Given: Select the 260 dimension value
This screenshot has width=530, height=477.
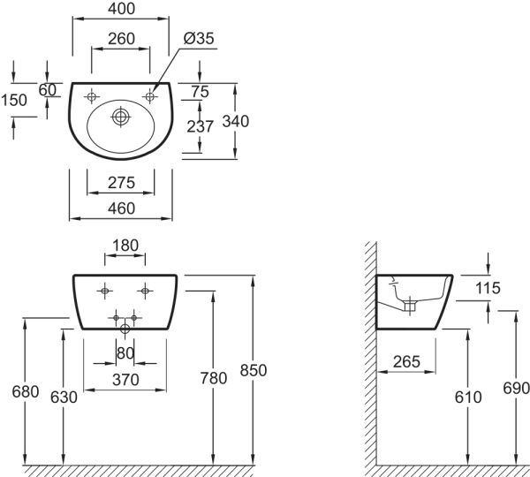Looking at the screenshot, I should click(x=120, y=39).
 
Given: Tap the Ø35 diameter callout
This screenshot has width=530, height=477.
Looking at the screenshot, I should click(x=199, y=39).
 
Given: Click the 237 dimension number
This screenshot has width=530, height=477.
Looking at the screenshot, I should click(x=201, y=126).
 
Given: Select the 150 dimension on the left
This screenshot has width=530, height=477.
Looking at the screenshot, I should click(x=14, y=100).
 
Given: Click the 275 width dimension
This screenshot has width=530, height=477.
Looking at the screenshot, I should click(x=120, y=183).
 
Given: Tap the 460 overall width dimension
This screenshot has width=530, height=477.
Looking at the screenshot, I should click(x=120, y=208).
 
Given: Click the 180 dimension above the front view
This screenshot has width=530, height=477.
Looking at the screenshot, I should click(x=125, y=245).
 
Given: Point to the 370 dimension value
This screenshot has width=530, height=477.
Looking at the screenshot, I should click(x=125, y=380).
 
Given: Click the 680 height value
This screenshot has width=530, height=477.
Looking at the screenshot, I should click(x=25, y=390).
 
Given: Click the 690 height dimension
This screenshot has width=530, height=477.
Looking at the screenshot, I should click(x=516, y=389).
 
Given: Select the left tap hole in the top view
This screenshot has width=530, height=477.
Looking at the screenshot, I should click(x=93, y=95).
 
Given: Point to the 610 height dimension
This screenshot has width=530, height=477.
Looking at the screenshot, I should click(x=468, y=397).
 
